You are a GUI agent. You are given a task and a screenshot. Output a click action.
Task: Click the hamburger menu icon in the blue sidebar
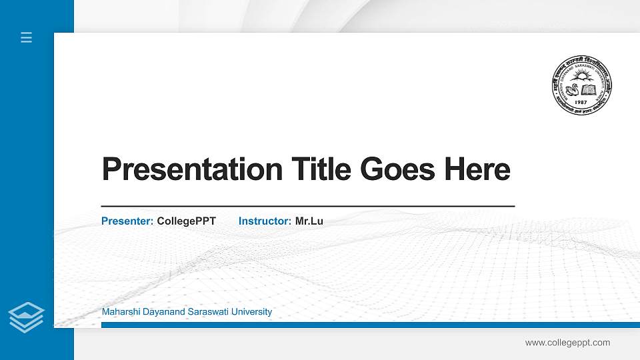coord(27,37)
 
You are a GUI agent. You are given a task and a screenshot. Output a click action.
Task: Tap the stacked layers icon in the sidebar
coord(27,316)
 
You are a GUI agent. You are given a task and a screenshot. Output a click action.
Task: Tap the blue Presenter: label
coord(127,221)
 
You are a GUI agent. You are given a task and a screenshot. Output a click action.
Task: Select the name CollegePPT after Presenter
coord(186,221)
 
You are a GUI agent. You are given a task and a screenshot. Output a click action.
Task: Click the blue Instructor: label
coord(265,221)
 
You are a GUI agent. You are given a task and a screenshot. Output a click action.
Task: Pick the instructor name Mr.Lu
coord(309,221)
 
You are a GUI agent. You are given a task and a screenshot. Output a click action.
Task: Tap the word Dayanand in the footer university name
coord(159,312)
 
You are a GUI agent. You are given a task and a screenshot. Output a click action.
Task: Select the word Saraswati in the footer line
coord(204,312)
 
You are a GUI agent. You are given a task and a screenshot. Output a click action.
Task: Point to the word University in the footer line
coord(249,312)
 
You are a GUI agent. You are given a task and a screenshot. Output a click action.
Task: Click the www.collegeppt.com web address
coord(567,343)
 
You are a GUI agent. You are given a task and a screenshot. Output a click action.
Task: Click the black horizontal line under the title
coord(307,207)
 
